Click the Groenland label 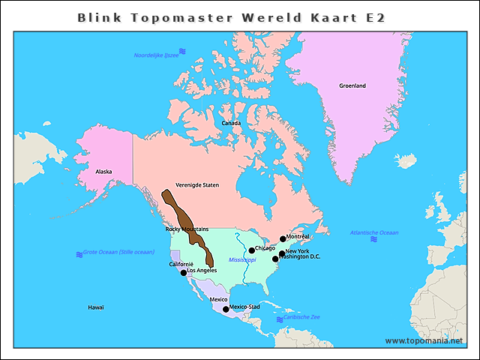point(352,86)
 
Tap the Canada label point(231,123)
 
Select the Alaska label point(103,172)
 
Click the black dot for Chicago point(252,251)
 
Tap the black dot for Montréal point(283,239)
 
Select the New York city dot point(282,253)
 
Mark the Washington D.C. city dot point(275,259)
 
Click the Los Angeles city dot point(184,272)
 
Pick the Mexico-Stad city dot point(226,309)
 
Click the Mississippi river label point(242,259)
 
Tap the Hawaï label point(96,307)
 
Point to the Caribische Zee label point(301,317)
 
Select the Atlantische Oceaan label point(374,233)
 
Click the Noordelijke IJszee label point(156,55)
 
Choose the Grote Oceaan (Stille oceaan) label point(118,253)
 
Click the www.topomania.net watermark point(424,340)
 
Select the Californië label point(181,264)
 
